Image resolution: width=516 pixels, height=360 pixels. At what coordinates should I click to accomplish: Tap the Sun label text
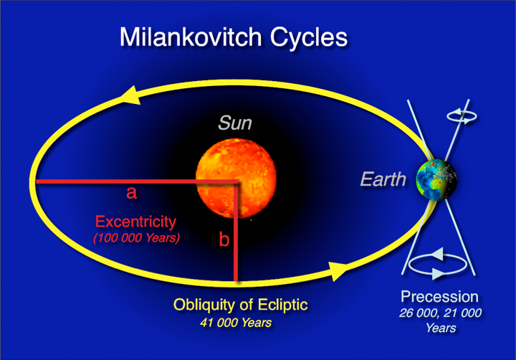tap(235, 124)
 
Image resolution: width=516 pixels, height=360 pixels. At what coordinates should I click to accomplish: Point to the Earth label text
tap(383, 179)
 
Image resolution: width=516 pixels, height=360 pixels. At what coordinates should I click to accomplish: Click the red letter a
tap(131, 193)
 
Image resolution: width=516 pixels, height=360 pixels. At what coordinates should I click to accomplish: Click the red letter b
tap(224, 240)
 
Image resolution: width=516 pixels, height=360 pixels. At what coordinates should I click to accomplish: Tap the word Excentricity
tap(135, 221)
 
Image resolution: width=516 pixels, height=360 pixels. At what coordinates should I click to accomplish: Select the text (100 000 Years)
tap(136, 237)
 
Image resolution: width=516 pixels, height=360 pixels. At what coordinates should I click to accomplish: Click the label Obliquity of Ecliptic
tap(240, 305)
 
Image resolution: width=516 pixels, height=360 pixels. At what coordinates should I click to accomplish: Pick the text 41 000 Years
tap(236, 323)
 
